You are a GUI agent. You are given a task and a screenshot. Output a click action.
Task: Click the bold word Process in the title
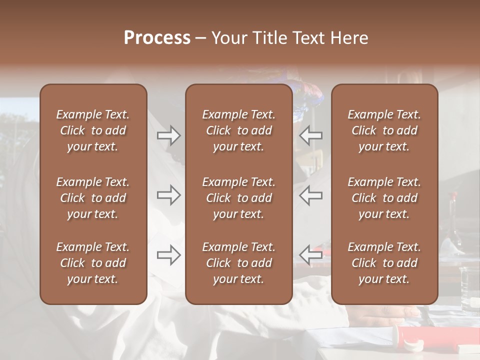click(x=157, y=38)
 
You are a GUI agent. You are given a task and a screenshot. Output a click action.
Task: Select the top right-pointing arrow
click(x=168, y=135)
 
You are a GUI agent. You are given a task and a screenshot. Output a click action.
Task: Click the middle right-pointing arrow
click(x=168, y=195)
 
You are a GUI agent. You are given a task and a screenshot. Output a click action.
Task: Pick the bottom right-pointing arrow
click(x=168, y=255)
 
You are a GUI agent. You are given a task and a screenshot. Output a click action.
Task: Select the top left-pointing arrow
click(x=310, y=135)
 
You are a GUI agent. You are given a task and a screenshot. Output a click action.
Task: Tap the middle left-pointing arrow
click(x=310, y=195)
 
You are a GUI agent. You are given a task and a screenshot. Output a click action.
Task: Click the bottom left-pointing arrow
click(x=310, y=255)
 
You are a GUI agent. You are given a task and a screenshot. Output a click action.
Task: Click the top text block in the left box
click(x=93, y=130)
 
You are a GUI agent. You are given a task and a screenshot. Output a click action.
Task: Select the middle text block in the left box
click(x=93, y=198)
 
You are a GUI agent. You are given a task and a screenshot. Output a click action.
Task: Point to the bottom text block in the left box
click(x=93, y=263)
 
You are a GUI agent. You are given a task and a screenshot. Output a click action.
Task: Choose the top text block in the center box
click(x=238, y=130)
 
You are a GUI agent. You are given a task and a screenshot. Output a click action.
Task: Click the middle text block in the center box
click(x=238, y=198)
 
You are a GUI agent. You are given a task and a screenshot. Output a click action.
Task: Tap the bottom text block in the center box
click(x=238, y=263)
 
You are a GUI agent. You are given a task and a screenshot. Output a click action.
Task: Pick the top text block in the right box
click(x=384, y=130)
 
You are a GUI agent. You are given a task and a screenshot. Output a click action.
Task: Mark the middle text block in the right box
click(x=384, y=198)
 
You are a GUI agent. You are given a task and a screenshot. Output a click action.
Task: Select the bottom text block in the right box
click(x=384, y=263)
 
